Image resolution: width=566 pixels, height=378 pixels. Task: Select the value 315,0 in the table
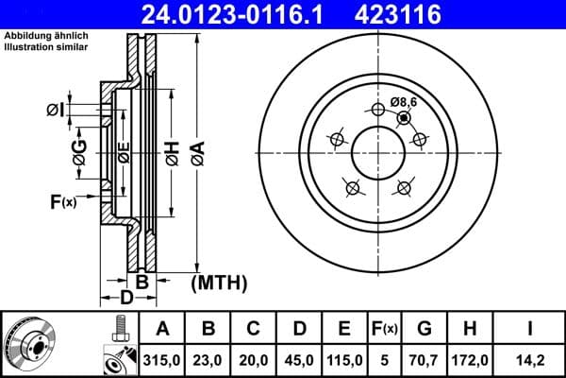pyautogui.click(x=161, y=359)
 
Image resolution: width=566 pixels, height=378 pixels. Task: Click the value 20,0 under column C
pyautogui.click(x=255, y=359)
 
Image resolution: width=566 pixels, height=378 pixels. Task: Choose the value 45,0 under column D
pyautogui.click(x=299, y=359)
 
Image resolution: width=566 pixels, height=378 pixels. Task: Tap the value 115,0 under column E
pyautogui.click(x=344, y=359)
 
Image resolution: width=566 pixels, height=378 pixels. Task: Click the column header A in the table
pyautogui.click(x=161, y=329)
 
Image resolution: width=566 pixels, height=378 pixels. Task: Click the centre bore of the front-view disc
pyautogui.click(x=379, y=151)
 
